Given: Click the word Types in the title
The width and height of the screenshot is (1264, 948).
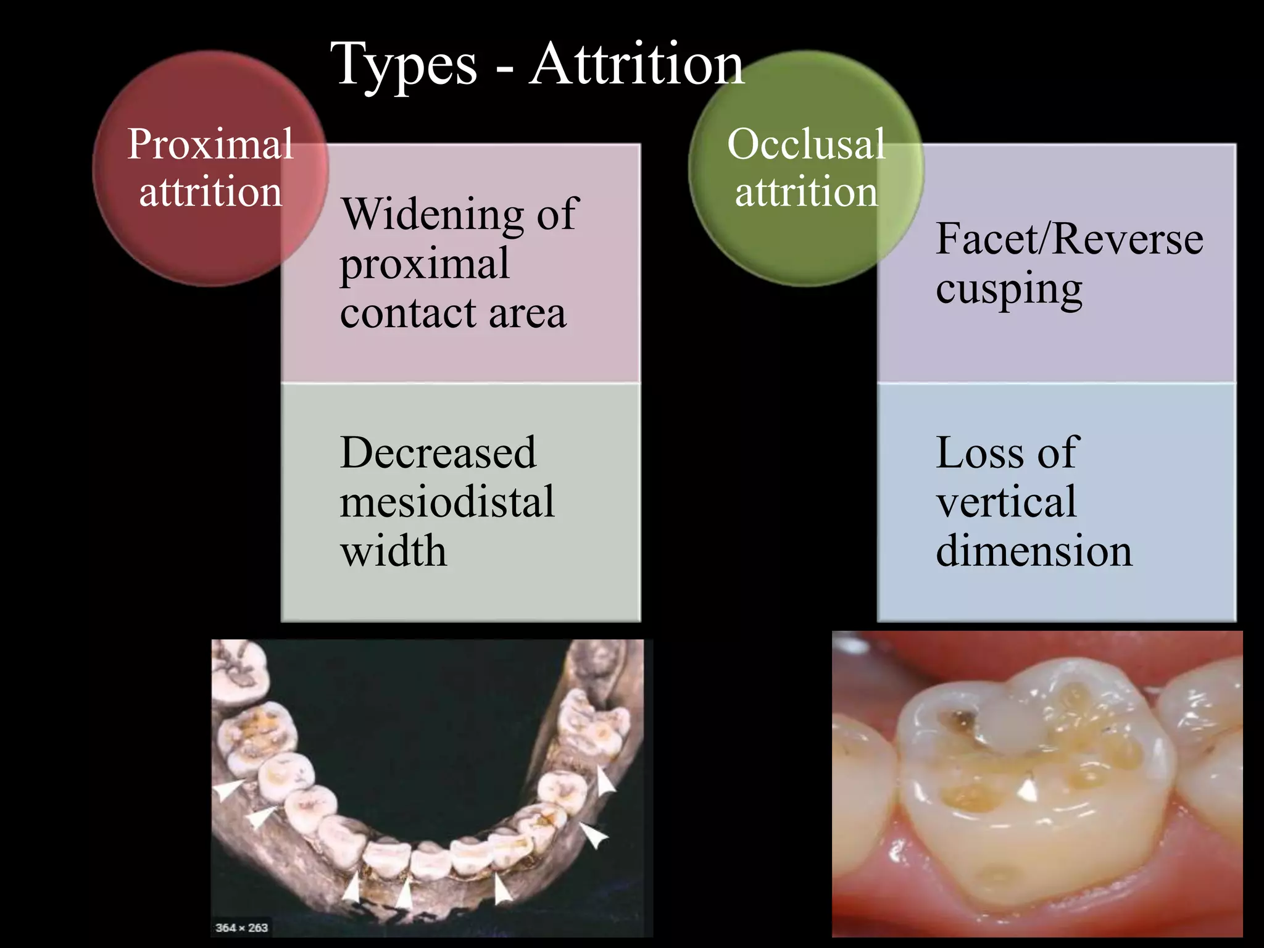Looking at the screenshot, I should click(x=404, y=65).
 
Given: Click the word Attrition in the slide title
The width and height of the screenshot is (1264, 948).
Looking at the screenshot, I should click(x=637, y=64).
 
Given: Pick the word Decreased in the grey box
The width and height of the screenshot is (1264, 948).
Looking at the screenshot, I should click(x=438, y=452).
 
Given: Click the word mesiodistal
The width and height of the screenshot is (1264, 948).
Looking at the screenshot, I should click(x=447, y=501).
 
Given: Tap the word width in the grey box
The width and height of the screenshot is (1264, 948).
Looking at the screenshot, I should click(x=393, y=551).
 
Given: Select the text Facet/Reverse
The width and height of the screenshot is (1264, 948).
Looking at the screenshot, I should click(x=1069, y=239).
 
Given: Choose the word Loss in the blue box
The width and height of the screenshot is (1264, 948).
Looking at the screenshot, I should click(x=979, y=452).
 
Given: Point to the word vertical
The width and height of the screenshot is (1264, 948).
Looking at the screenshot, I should click(x=1006, y=501).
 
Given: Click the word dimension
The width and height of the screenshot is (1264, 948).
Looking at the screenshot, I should click(x=1034, y=551).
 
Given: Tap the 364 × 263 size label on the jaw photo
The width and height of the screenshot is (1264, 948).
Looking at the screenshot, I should click(x=241, y=928).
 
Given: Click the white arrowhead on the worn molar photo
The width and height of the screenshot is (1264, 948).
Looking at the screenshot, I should click(x=1028, y=791).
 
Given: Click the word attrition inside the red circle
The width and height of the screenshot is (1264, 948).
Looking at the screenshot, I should click(x=210, y=192).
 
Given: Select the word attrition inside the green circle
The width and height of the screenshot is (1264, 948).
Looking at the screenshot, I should click(x=806, y=192).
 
